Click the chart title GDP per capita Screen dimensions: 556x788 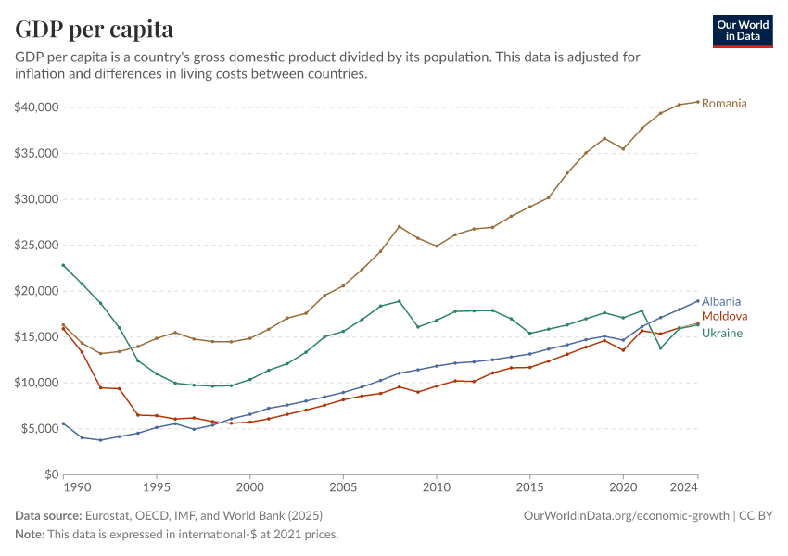[x=94, y=29]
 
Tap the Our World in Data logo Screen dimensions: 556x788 [x=742, y=31]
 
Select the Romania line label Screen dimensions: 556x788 [x=724, y=103]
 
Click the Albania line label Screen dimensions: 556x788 [x=721, y=301]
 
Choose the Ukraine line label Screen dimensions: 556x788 [x=721, y=333]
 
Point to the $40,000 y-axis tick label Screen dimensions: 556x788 [x=37, y=107]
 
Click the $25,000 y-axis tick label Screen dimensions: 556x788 [x=37, y=245]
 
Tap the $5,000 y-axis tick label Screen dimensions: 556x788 [x=40, y=428]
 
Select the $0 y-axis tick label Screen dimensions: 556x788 [x=51, y=474]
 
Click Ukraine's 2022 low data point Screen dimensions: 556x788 [x=661, y=347]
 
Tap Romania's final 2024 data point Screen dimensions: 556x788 [x=698, y=102]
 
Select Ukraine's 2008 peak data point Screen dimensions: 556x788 [x=400, y=301]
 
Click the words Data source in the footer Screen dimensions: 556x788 [x=48, y=515]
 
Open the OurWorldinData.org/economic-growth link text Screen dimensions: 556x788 [x=627, y=515]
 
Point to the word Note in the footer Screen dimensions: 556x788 [x=29, y=534]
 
